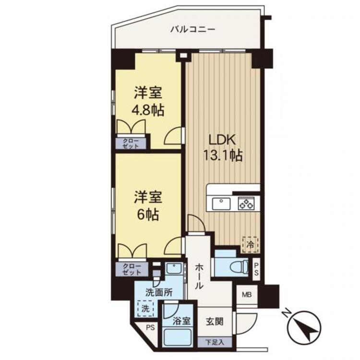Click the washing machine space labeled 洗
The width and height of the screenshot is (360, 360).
pos(145,309)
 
